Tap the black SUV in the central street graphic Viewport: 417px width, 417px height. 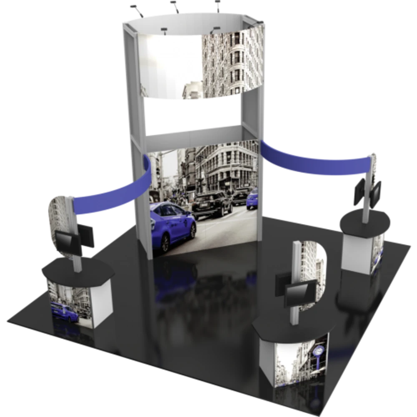[x=213, y=204]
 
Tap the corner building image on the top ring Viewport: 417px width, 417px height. [x=234, y=63]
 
